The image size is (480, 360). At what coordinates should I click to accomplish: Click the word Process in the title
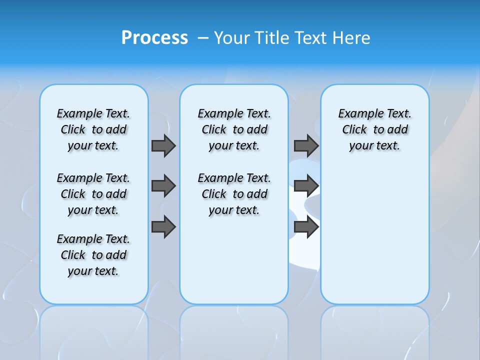point(154,37)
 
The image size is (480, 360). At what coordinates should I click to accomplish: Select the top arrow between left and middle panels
point(163,145)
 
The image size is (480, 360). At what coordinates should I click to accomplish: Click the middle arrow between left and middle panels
point(163,186)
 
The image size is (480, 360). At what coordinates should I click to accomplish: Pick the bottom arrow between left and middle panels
point(163,227)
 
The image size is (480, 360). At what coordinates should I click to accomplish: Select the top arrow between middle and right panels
point(306,145)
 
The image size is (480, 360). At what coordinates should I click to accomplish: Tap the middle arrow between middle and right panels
point(306,186)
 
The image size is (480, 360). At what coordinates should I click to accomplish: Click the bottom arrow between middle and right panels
point(306,227)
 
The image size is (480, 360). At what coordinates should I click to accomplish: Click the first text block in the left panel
point(93,129)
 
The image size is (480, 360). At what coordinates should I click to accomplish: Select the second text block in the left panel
point(93,194)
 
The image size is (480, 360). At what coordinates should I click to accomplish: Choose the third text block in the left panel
point(93,255)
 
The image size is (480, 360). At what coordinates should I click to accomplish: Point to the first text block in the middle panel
point(234,129)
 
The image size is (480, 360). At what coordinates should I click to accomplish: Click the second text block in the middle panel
point(234,194)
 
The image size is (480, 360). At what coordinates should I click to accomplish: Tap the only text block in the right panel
point(374,129)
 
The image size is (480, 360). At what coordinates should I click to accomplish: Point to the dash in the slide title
point(203,38)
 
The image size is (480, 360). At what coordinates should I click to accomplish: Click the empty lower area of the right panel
point(374,235)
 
